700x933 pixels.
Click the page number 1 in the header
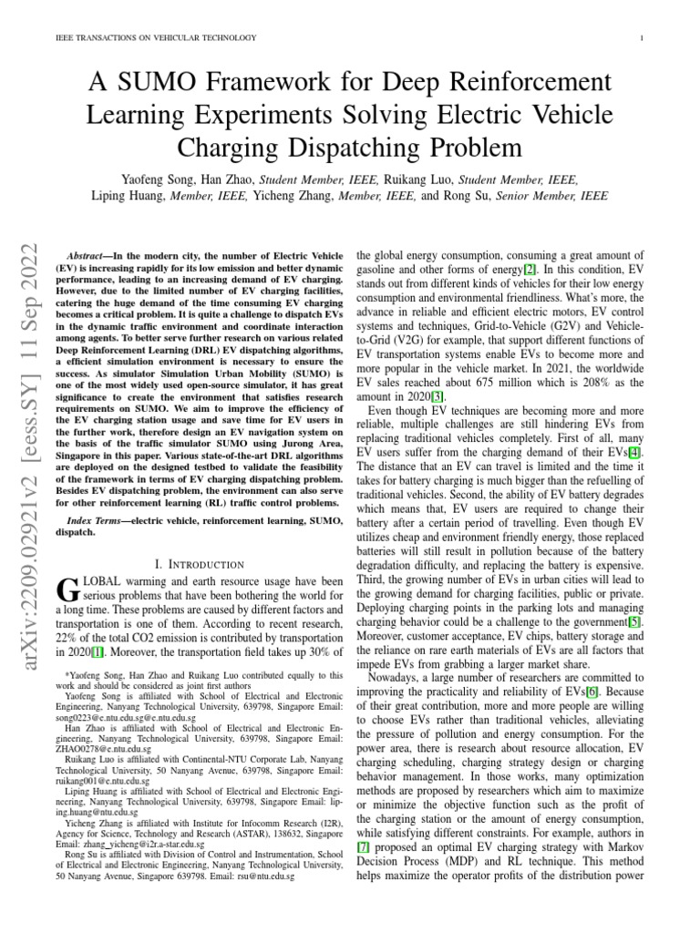pyautogui.click(x=643, y=37)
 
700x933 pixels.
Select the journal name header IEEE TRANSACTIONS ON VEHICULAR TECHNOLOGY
pyautogui.click(x=156, y=37)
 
